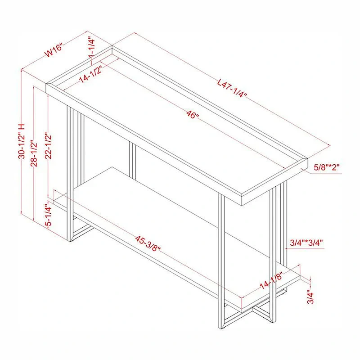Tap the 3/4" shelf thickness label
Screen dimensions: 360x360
310,298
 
